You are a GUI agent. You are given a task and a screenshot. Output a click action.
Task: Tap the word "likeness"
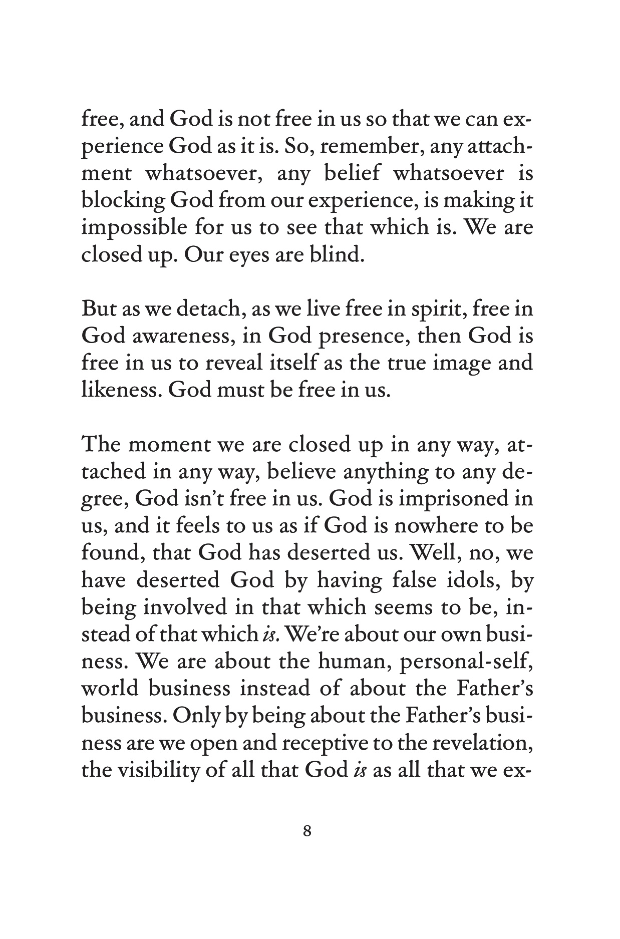pos(120,390)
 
